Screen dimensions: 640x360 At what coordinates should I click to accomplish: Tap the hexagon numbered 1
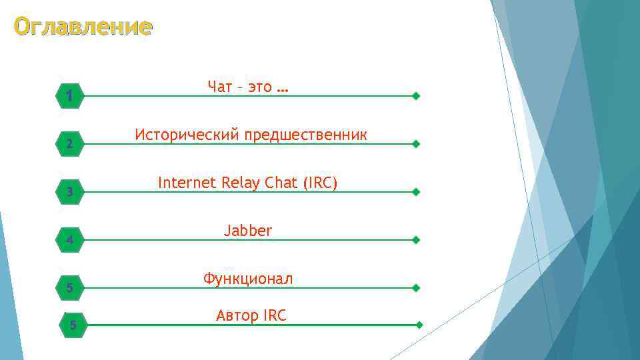tap(69, 97)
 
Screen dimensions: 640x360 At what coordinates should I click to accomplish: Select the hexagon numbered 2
tap(69, 144)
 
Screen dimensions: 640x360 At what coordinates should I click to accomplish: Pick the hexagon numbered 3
tap(69, 192)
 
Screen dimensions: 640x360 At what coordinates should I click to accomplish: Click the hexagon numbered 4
tap(69, 240)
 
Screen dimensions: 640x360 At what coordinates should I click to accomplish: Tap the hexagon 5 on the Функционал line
tap(69, 288)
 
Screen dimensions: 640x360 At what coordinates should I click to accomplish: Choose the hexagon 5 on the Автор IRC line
tap(73, 325)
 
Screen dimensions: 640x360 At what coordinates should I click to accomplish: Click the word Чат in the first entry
tap(220, 87)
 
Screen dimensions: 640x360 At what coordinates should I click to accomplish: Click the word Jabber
tap(248, 231)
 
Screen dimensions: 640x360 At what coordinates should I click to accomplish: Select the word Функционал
tap(248, 279)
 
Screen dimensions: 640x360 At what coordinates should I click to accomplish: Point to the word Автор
tap(237, 316)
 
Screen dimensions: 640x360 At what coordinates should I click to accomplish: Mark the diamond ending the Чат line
tap(416, 96)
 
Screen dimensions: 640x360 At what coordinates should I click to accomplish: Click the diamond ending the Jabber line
tap(416, 240)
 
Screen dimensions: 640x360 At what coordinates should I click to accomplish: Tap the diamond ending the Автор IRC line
tap(419, 325)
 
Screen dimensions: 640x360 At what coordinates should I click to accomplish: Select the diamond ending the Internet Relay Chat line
tap(416, 192)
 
